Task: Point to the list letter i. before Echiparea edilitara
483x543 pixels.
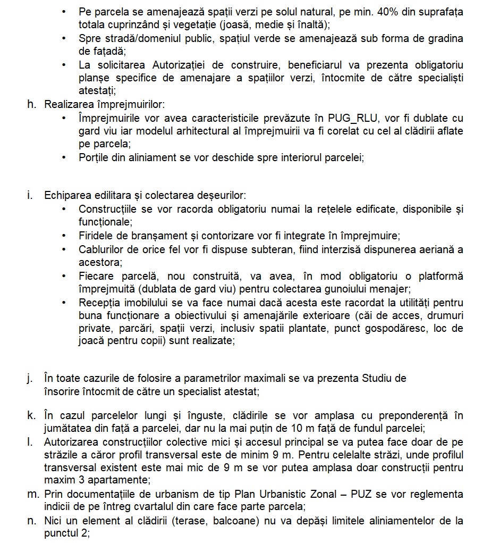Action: point(30,195)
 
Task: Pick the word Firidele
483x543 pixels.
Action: point(96,236)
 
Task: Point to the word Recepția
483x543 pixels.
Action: point(97,303)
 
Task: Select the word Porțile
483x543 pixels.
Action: point(94,157)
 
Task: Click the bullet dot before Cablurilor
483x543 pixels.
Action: point(64,249)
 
